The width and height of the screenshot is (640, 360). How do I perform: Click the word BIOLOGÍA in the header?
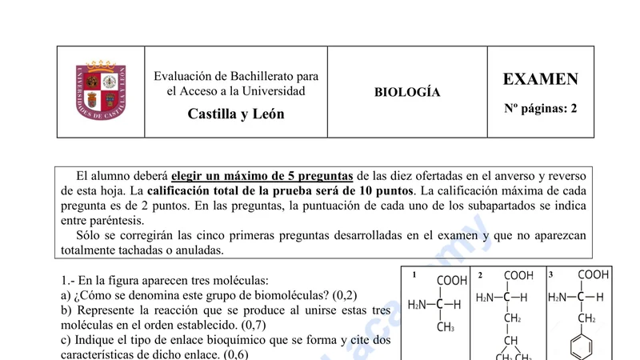click(x=407, y=92)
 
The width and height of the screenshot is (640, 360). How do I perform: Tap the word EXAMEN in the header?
click(x=540, y=79)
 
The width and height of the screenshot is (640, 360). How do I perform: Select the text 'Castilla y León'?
click(x=236, y=114)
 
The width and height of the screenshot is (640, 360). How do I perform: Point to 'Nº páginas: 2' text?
click(x=540, y=108)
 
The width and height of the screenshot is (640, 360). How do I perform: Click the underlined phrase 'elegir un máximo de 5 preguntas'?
click(x=262, y=176)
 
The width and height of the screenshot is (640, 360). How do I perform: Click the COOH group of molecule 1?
click(x=452, y=281)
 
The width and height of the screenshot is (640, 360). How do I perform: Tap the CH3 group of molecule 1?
click(x=446, y=326)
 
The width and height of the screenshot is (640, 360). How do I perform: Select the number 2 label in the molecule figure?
click(x=480, y=275)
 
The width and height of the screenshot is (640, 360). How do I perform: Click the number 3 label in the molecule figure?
click(x=550, y=274)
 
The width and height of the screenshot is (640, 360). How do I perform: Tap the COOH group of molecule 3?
click(x=593, y=274)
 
